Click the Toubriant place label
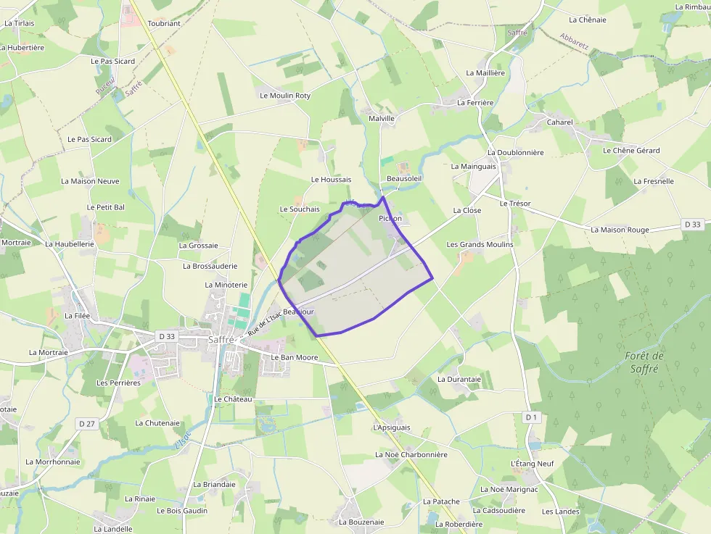[x=164, y=23]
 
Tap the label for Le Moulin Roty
[x=285, y=96]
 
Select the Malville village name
[x=382, y=118]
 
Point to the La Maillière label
[x=485, y=73]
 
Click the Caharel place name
[x=559, y=122]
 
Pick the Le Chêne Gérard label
[x=631, y=151]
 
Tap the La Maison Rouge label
[x=620, y=230]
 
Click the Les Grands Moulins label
[x=480, y=245]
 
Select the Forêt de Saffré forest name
[x=644, y=362]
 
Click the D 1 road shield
[x=532, y=417]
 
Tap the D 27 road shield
[x=88, y=423]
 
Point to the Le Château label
[x=233, y=399]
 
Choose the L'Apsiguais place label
[x=391, y=427]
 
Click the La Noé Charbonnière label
[x=411, y=454]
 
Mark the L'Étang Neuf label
[x=532, y=464]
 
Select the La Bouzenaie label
[x=361, y=522]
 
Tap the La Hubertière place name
[x=22, y=48]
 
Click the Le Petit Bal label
[x=106, y=207]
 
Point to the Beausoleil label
[x=404, y=178]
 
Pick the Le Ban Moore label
[x=295, y=358]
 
